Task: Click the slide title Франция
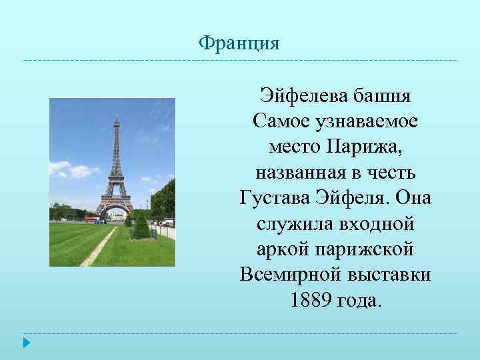[x=239, y=44]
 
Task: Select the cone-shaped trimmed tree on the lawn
[x=141, y=226]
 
